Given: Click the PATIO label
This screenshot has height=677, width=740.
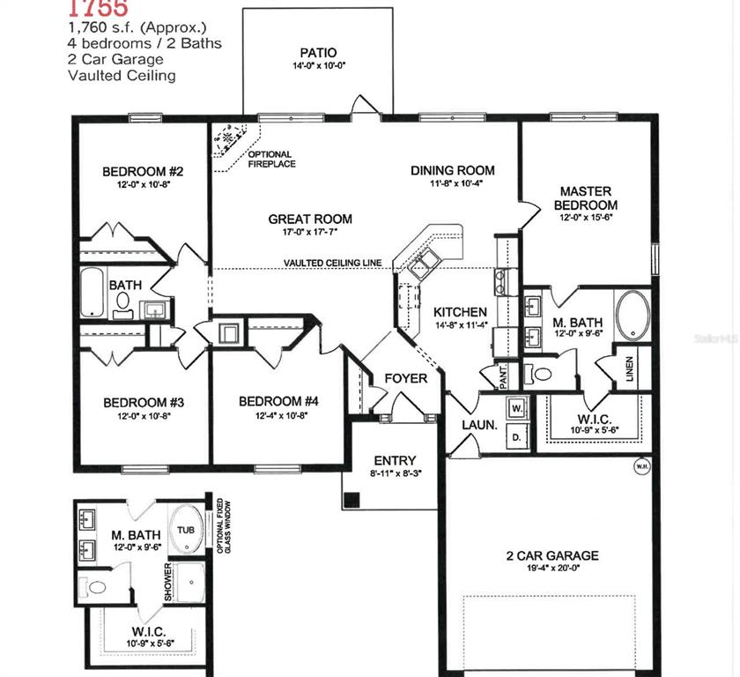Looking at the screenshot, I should (318, 53).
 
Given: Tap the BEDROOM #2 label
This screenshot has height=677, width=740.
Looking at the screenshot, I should (142, 171).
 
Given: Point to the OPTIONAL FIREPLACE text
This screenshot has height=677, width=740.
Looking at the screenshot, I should (271, 160).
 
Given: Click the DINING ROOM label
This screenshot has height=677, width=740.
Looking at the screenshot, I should (453, 170).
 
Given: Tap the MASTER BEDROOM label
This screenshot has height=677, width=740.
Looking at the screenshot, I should (586, 198).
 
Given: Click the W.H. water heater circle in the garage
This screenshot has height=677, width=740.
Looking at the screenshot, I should (640, 465).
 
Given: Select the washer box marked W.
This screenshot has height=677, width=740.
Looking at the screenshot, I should (517, 408).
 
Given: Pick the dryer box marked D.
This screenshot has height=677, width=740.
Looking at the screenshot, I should (517, 436).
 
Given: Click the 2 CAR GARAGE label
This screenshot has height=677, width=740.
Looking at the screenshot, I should (552, 555).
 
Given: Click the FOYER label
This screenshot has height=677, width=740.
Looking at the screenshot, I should (406, 379).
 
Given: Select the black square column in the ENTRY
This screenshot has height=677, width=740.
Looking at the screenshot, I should (352, 500).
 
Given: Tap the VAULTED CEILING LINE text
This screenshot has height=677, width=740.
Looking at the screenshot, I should (332, 263).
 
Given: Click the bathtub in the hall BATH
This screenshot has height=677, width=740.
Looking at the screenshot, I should (93, 294).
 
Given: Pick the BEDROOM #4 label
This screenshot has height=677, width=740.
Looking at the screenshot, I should (278, 401).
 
